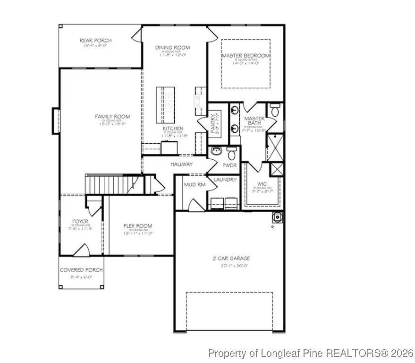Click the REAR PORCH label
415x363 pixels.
[95, 41]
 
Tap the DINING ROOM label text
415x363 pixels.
[172, 48]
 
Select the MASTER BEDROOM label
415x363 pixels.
[246, 56]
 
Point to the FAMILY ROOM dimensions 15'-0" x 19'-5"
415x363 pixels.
[112, 124]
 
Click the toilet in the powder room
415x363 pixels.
[232, 154]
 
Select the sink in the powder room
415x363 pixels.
[217, 152]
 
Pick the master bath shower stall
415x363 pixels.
[275, 147]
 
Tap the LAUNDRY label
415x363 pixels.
[225, 180]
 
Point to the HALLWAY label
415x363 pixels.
[182, 164]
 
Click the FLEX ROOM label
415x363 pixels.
[137, 226]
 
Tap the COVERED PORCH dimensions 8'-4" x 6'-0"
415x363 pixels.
[81, 277]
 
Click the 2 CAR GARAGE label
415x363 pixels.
[231, 259]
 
